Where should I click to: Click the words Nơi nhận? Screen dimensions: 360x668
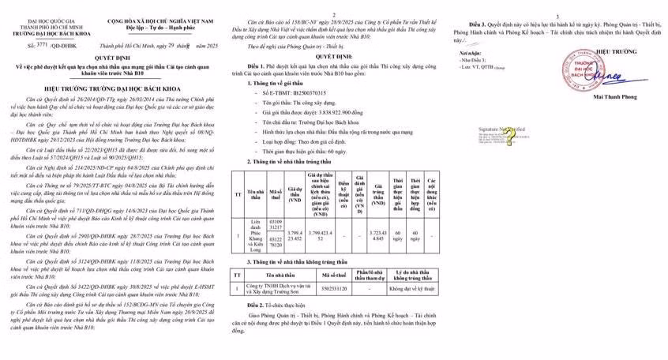click(467, 52)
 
